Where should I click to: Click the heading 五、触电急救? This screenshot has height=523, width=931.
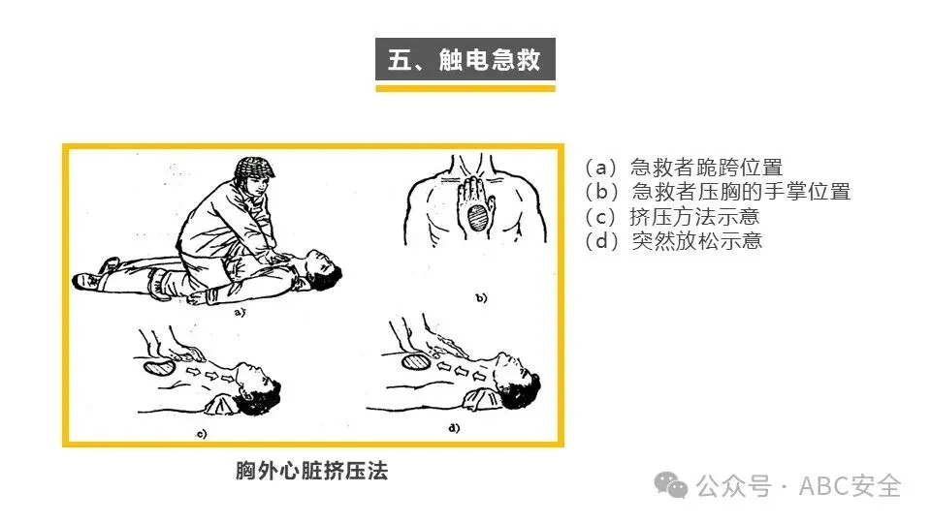(465, 59)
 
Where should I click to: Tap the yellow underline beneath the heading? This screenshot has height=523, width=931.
(465, 88)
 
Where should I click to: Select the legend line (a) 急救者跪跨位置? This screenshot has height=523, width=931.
(684, 168)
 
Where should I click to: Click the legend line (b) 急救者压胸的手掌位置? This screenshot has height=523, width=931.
(718, 192)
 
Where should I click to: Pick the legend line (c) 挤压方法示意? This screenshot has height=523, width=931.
(671, 216)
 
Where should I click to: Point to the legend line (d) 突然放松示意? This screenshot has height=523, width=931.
(673, 241)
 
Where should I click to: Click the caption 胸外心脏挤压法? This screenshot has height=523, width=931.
(311, 471)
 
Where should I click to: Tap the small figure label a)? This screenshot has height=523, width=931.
(240, 312)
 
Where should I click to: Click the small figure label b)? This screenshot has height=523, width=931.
(481, 297)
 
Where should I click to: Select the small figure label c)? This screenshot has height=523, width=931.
(202, 434)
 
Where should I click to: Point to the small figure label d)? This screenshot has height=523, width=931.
(454, 427)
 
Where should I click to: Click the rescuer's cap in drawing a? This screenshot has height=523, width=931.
(254, 169)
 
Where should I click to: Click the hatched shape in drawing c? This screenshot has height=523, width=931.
(159, 367)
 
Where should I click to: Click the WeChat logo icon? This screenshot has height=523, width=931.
(671, 485)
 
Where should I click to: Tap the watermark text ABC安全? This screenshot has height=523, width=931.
(850, 486)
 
